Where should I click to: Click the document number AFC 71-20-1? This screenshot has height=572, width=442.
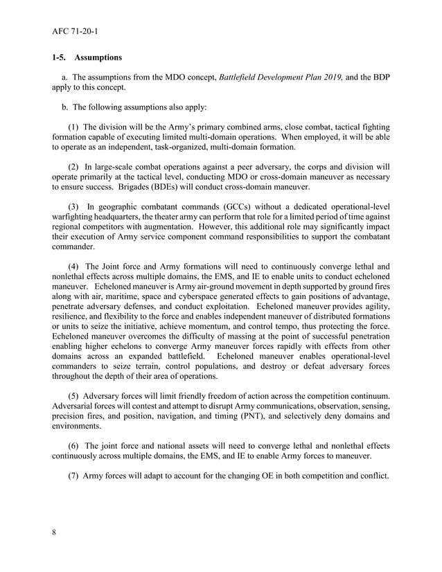[x=75, y=30]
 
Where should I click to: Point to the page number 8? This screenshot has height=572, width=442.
[x=54, y=533]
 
